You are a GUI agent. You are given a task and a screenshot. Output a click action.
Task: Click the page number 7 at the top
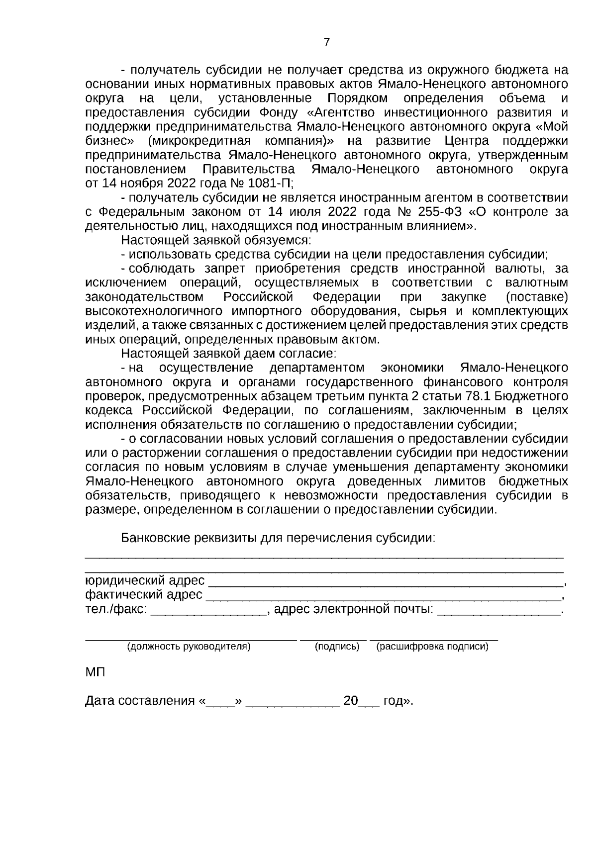point(326,43)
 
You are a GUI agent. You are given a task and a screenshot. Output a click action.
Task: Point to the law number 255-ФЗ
point(438,212)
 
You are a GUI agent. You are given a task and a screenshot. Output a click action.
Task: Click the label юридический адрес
point(145,580)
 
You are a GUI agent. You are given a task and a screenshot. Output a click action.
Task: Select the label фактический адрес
point(144,595)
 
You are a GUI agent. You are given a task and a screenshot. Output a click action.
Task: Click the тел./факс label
point(116,609)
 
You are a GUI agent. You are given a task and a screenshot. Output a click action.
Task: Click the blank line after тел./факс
point(208,612)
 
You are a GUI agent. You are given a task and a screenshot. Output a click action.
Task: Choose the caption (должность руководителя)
point(189,647)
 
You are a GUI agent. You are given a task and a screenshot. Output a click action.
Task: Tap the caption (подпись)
point(337,647)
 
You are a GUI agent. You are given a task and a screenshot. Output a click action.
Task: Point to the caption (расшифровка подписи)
point(432,647)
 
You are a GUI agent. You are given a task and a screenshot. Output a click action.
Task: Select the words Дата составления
point(139,701)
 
